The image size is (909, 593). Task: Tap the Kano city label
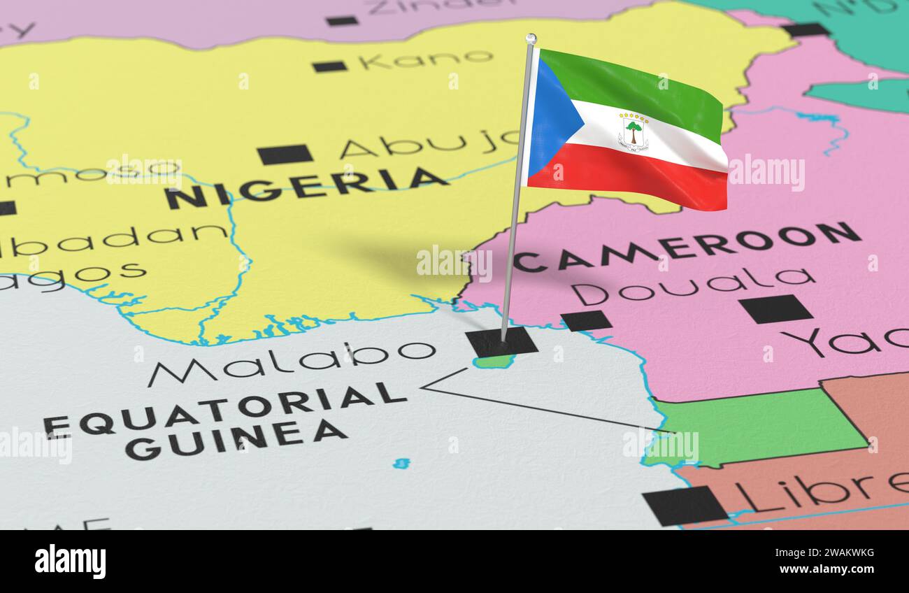click(426, 59)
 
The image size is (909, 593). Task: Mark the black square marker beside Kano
click(329, 66)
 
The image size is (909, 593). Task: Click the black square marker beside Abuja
click(285, 154)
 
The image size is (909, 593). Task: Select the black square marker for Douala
click(586, 320)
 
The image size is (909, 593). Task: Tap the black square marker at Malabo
click(501, 342)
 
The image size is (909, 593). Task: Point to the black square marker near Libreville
click(684, 505)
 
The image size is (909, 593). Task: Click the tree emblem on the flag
click(633, 131)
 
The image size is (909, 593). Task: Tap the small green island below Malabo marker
click(494, 362)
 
